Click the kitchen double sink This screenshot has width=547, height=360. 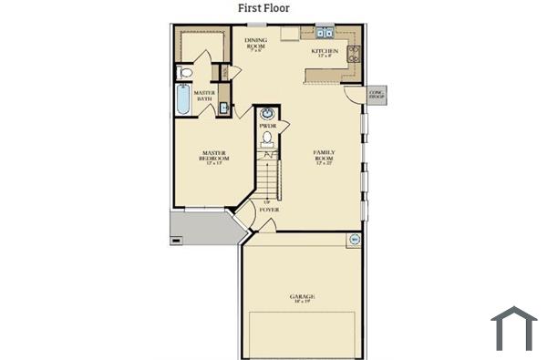click(x=324, y=34)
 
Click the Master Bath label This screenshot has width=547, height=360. click(x=204, y=96)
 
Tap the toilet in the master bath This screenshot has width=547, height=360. click(x=185, y=72)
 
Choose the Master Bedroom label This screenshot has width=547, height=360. click(x=213, y=157)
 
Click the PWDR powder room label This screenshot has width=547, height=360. click(x=267, y=126)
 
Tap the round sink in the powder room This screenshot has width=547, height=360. click(x=267, y=114)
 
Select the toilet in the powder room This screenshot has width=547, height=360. click(x=267, y=139)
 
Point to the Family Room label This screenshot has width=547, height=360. click(x=324, y=155)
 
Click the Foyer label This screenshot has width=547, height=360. click(x=268, y=210)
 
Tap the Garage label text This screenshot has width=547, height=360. click(x=303, y=298)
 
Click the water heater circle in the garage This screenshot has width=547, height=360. click(x=353, y=240)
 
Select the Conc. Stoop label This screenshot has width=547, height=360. click(x=376, y=94)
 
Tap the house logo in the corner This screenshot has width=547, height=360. click(x=513, y=329)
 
